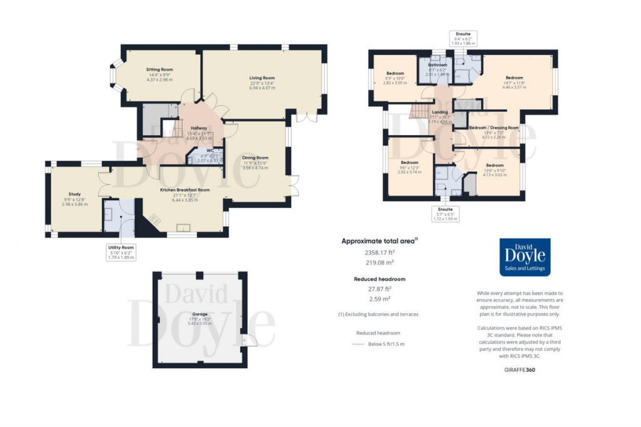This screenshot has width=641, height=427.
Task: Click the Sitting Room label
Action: pos(160,69)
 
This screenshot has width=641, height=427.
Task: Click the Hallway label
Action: pos(199,128)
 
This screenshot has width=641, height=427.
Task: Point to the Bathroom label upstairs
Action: pos(438,65)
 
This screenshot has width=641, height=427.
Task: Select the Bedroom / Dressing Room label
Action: pos(494,128)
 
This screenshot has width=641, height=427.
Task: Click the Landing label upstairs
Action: pos(439,113)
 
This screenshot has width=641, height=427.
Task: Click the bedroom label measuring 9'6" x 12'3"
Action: pos(409,162)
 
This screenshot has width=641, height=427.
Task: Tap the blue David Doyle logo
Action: pos(525,257)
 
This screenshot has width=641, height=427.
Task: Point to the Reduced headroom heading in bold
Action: pos(379,279)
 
